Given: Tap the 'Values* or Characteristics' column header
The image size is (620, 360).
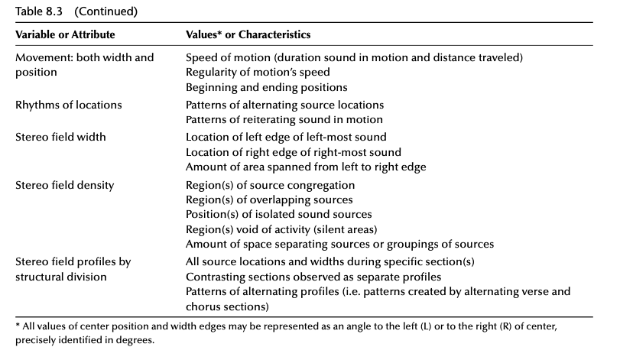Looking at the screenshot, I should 248,35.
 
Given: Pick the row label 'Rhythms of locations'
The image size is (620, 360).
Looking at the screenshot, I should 68,105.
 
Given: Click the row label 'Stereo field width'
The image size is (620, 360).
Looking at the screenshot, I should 61,138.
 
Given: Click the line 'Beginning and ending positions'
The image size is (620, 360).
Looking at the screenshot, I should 256,88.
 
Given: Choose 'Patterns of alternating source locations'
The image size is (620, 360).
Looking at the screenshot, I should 285,105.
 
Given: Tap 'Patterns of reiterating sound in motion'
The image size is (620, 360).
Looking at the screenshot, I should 284,119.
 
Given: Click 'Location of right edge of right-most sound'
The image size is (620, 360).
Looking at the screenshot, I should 294,152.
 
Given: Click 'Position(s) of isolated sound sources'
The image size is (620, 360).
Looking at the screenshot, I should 279,214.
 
